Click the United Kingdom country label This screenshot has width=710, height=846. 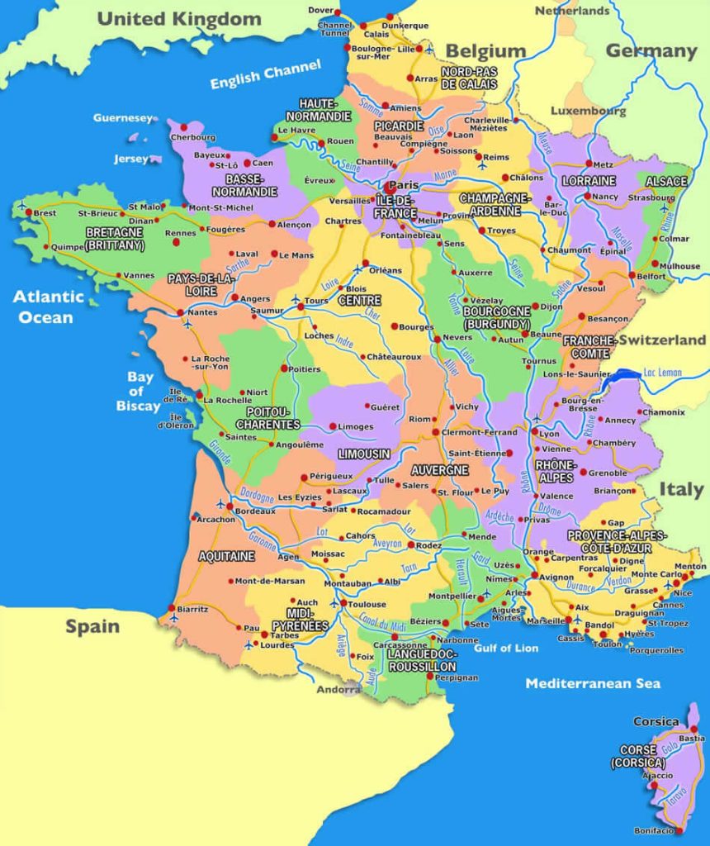(x=179, y=18)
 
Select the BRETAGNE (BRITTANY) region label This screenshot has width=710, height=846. (x=115, y=240)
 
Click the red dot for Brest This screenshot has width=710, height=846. (x=28, y=213)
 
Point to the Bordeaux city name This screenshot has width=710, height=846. (x=254, y=511)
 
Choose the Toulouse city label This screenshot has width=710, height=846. (x=367, y=604)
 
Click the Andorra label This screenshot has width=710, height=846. (x=338, y=689)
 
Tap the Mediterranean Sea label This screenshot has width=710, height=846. (x=593, y=683)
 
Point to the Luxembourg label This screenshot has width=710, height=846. (x=588, y=111)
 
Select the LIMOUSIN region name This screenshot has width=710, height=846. (x=364, y=454)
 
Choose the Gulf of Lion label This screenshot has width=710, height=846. (x=507, y=648)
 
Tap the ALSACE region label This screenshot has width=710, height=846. (x=666, y=181)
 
